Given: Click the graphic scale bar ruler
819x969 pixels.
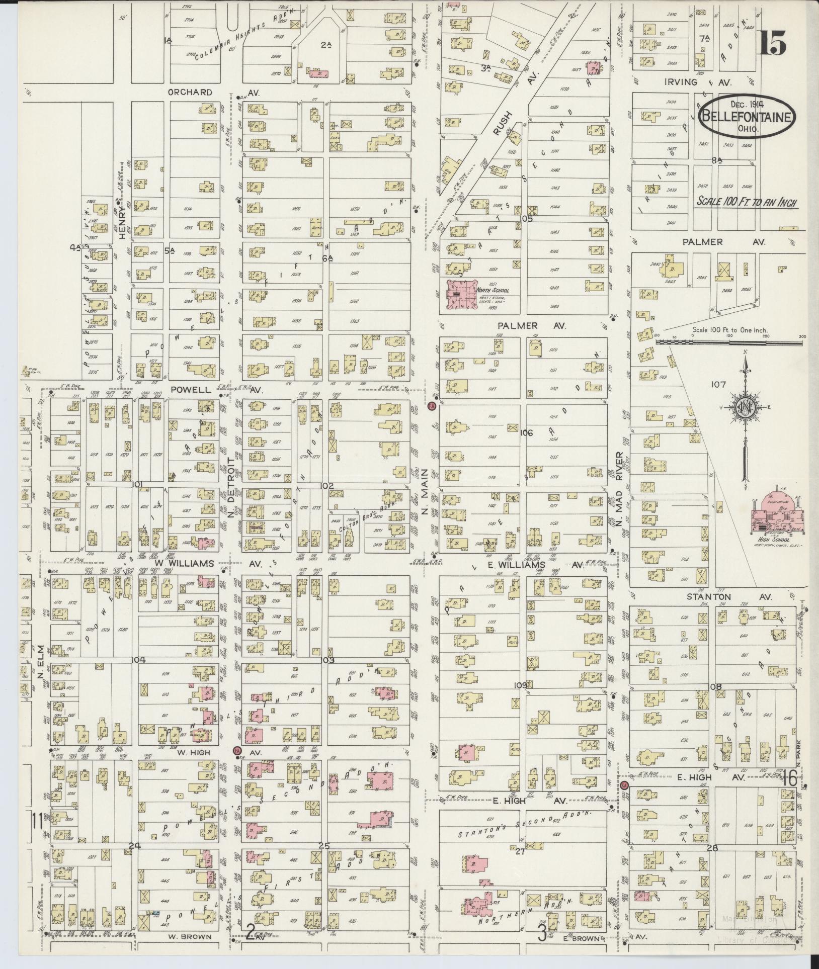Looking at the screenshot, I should click(x=729, y=342).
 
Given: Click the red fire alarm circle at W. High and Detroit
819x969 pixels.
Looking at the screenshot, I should click(x=237, y=764).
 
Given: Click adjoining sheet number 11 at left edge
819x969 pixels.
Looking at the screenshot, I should click(x=35, y=822).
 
